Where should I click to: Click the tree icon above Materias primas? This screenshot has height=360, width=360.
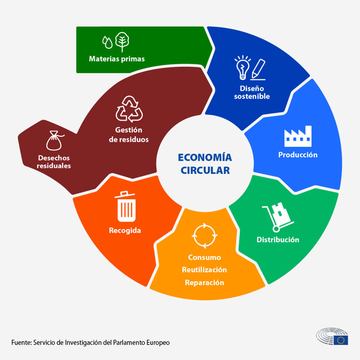pos(122,42)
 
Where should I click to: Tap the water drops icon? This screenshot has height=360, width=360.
pos(107,42)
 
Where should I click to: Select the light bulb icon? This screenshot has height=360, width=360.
pos(242,67)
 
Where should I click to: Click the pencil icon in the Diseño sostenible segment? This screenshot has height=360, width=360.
pos(258,70)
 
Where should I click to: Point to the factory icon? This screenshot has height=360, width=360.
pos(298,136)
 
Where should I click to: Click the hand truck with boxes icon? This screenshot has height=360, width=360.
pos(278,217)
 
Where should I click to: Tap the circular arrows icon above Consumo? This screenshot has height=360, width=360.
pos(205,235)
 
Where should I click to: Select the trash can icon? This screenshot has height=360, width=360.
pos(126,207)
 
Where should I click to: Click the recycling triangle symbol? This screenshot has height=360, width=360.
pos(129,109)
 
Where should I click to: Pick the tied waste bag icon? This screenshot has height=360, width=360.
pos(55,141)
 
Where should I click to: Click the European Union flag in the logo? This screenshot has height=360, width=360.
pos(341,340)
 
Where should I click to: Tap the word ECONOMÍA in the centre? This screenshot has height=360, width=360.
pos(205,157)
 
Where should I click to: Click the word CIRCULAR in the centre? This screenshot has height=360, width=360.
pos(205,171)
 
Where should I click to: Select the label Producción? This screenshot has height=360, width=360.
pos(298,155)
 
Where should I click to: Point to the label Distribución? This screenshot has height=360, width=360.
pos(278,240)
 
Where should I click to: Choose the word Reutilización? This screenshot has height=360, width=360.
pos(205,270)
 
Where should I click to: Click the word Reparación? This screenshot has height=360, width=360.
pos(205,283)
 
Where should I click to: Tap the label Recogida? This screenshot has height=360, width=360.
pos(125,230)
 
